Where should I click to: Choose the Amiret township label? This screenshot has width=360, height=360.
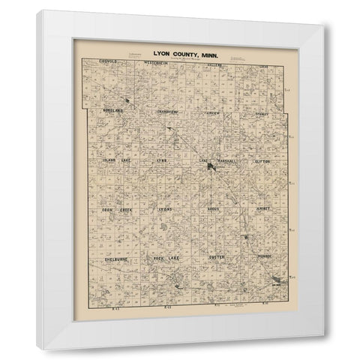[x=261, y=211]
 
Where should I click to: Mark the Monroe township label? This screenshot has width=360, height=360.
[x=262, y=259]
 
